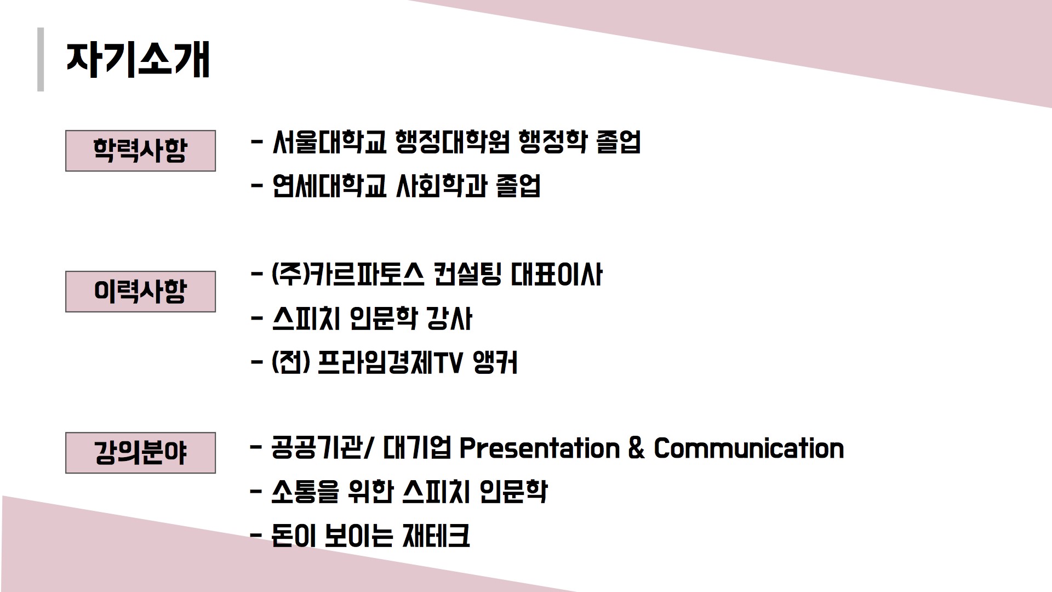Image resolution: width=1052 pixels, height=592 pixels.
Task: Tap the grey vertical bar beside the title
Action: pos(41,59)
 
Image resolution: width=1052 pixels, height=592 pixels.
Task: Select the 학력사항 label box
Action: pos(140,151)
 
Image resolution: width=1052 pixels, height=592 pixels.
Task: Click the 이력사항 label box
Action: pos(140,292)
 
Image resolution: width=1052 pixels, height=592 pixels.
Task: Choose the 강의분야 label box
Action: pos(140,453)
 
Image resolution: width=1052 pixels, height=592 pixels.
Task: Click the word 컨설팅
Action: pos(467,275)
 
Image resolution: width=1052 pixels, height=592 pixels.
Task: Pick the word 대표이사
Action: pos(556,275)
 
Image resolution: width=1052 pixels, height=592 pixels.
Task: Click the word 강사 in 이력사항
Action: pos(449,319)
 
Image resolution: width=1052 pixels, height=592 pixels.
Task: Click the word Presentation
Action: pos(539,448)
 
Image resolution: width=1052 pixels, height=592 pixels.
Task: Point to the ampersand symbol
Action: pos(637,448)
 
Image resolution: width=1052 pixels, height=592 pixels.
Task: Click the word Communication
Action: pos(749,448)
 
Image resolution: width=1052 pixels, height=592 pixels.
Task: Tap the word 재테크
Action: pos(436,536)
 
